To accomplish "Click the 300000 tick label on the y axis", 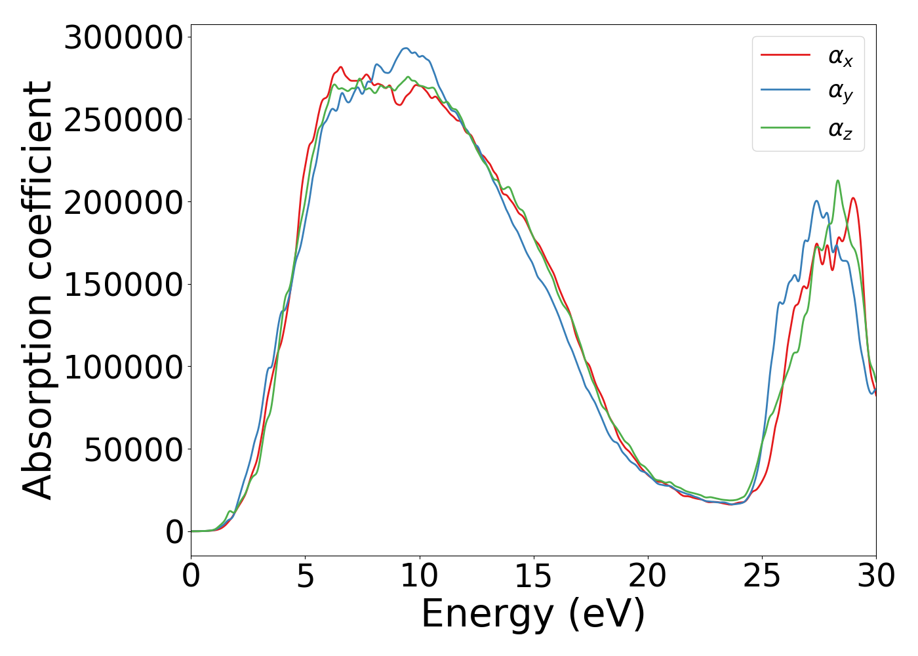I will pyautogui.click(x=123, y=37).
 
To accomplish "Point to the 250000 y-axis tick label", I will pyautogui.click(x=123, y=120).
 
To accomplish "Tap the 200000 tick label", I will pyautogui.click(x=123, y=203).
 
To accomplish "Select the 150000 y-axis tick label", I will pyautogui.click(x=123, y=285).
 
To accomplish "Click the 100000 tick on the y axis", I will pyautogui.click(x=123, y=367).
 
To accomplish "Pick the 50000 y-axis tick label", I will pyautogui.click(x=133, y=450).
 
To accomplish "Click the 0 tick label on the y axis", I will pyautogui.click(x=174, y=532).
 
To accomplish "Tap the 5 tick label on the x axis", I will pyautogui.click(x=306, y=576).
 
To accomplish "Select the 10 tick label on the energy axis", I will pyautogui.click(x=420, y=576).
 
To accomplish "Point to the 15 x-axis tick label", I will pyautogui.click(x=534, y=576).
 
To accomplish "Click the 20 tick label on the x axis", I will pyautogui.click(x=648, y=576).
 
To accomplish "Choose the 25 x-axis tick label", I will pyautogui.click(x=762, y=576).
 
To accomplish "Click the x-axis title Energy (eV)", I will pyautogui.click(x=533, y=614).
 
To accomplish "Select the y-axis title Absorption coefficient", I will pyautogui.click(x=37, y=290).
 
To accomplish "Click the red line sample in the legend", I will pyautogui.click(x=786, y=56).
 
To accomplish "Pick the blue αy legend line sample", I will pyautogui.click(x=786, y=92).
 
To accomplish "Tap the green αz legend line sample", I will pyautogui.click(x=786, y=128).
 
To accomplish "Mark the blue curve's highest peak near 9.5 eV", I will pyautogui.click(x=405, y=48).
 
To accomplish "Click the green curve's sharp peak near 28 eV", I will pyautogui.click(x=837, y=180).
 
